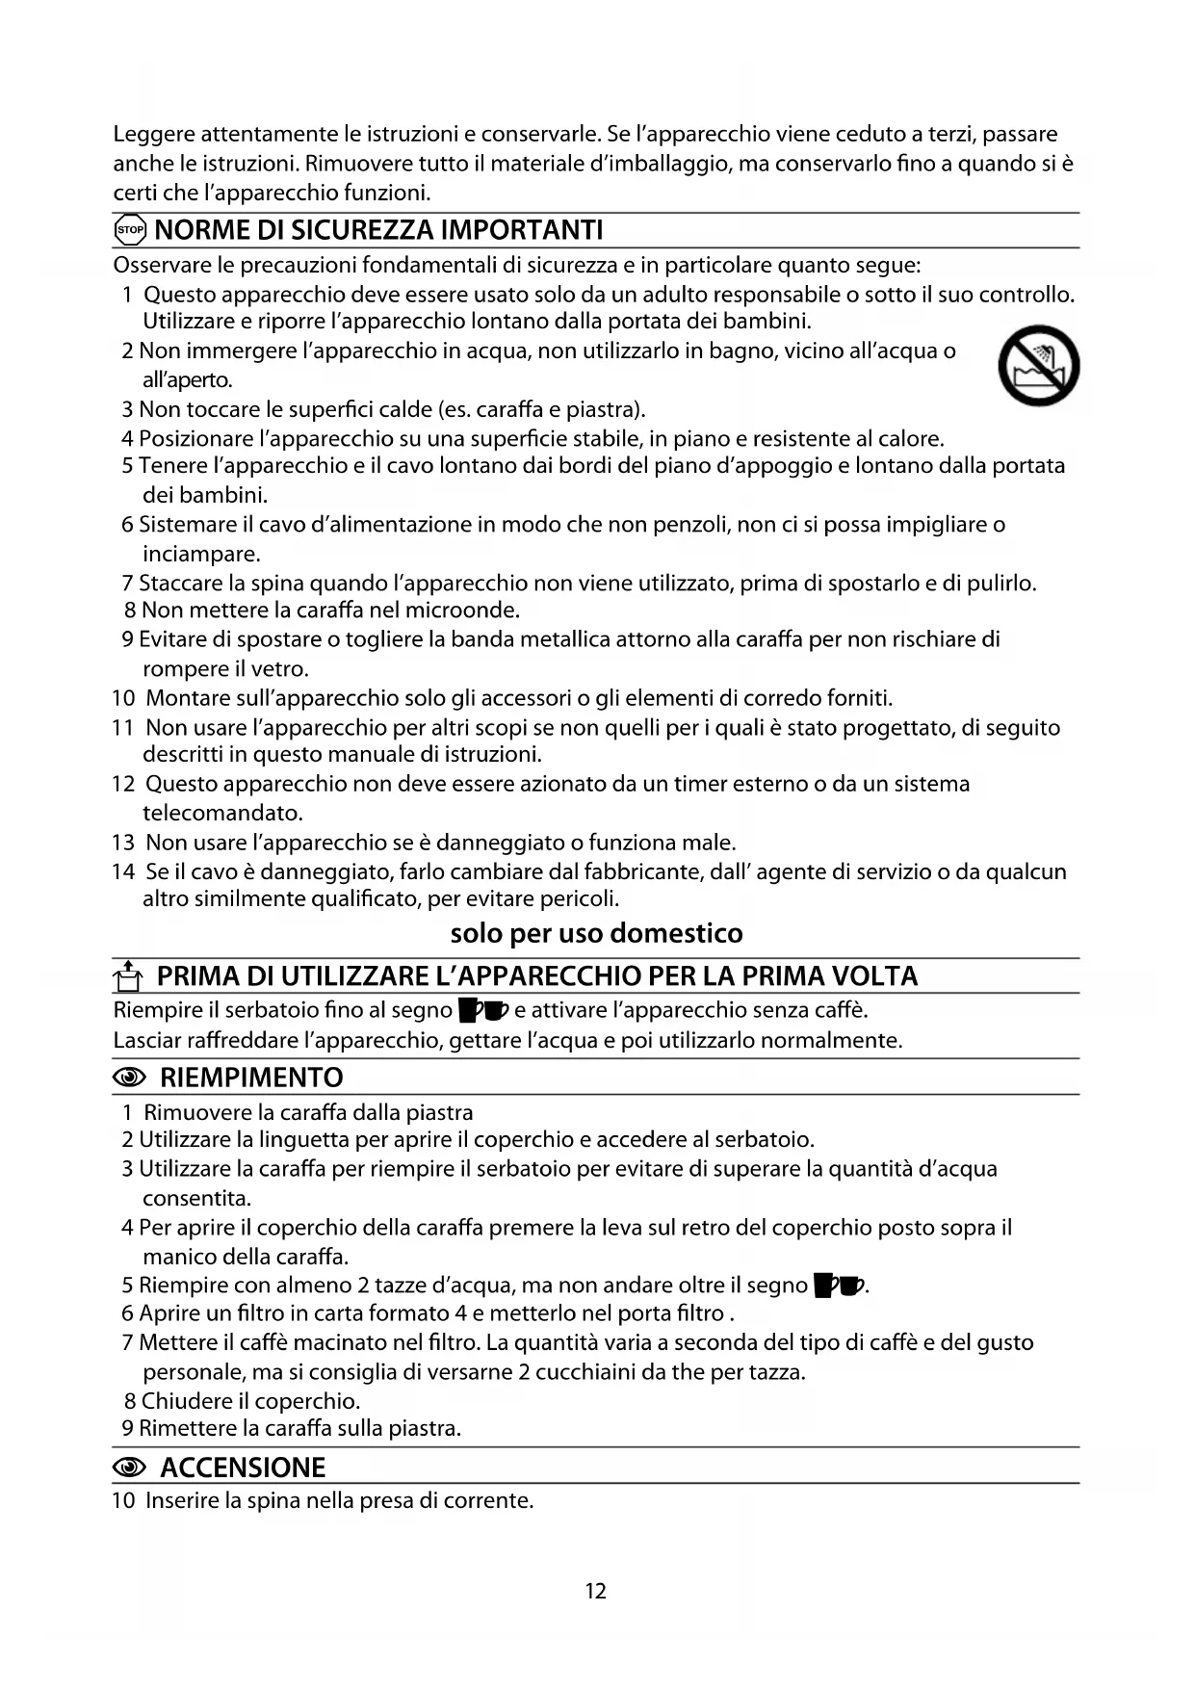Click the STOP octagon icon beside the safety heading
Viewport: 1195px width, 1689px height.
129,230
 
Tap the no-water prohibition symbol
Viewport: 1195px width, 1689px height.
1038,366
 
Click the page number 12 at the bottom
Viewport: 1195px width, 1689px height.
596,1591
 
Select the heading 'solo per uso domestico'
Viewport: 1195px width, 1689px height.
596,933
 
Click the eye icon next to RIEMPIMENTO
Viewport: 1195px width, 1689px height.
129,1078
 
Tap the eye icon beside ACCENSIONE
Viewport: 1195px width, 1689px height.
129,1468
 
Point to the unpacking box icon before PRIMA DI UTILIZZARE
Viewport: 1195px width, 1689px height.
128,976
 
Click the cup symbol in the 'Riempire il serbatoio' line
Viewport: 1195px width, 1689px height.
482,1010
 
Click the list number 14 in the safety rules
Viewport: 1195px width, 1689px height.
123,871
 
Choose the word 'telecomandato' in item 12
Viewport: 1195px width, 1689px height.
221,813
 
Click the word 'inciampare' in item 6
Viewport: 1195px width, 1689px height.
200,554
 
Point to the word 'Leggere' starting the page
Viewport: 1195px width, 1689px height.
154,134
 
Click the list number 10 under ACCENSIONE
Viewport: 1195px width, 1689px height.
123,1500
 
